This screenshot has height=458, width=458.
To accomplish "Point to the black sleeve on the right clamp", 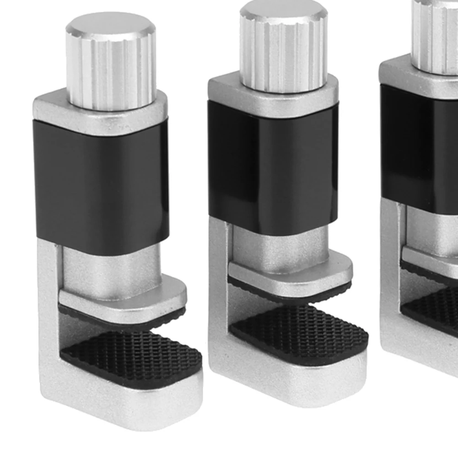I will click(x=419, y=146).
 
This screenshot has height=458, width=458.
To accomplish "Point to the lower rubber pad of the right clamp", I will click(x=435, y=311).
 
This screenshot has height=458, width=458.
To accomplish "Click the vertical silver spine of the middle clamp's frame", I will click(x=219, y=293).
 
